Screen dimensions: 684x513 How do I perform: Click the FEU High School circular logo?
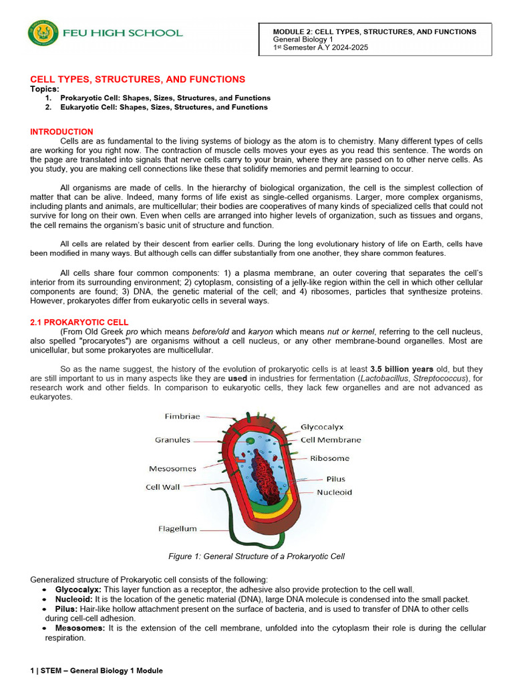pos(43,33)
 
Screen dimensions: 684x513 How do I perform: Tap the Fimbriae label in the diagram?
pos(182,416)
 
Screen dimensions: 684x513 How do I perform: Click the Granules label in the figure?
pos(172,440)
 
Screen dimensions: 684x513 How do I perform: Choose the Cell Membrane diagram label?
pos(331,440)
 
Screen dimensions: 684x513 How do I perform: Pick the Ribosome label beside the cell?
pos(329,459)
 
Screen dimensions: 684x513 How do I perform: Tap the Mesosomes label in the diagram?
pos(172,468)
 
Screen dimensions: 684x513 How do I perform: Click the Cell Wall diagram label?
pos(162,487)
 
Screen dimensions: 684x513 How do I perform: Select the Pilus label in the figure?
pos(335,479)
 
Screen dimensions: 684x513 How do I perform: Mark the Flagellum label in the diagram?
pos(178,528)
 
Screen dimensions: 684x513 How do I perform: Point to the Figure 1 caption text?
pos(256,556)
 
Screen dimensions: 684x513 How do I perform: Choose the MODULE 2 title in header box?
pos(375,31)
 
